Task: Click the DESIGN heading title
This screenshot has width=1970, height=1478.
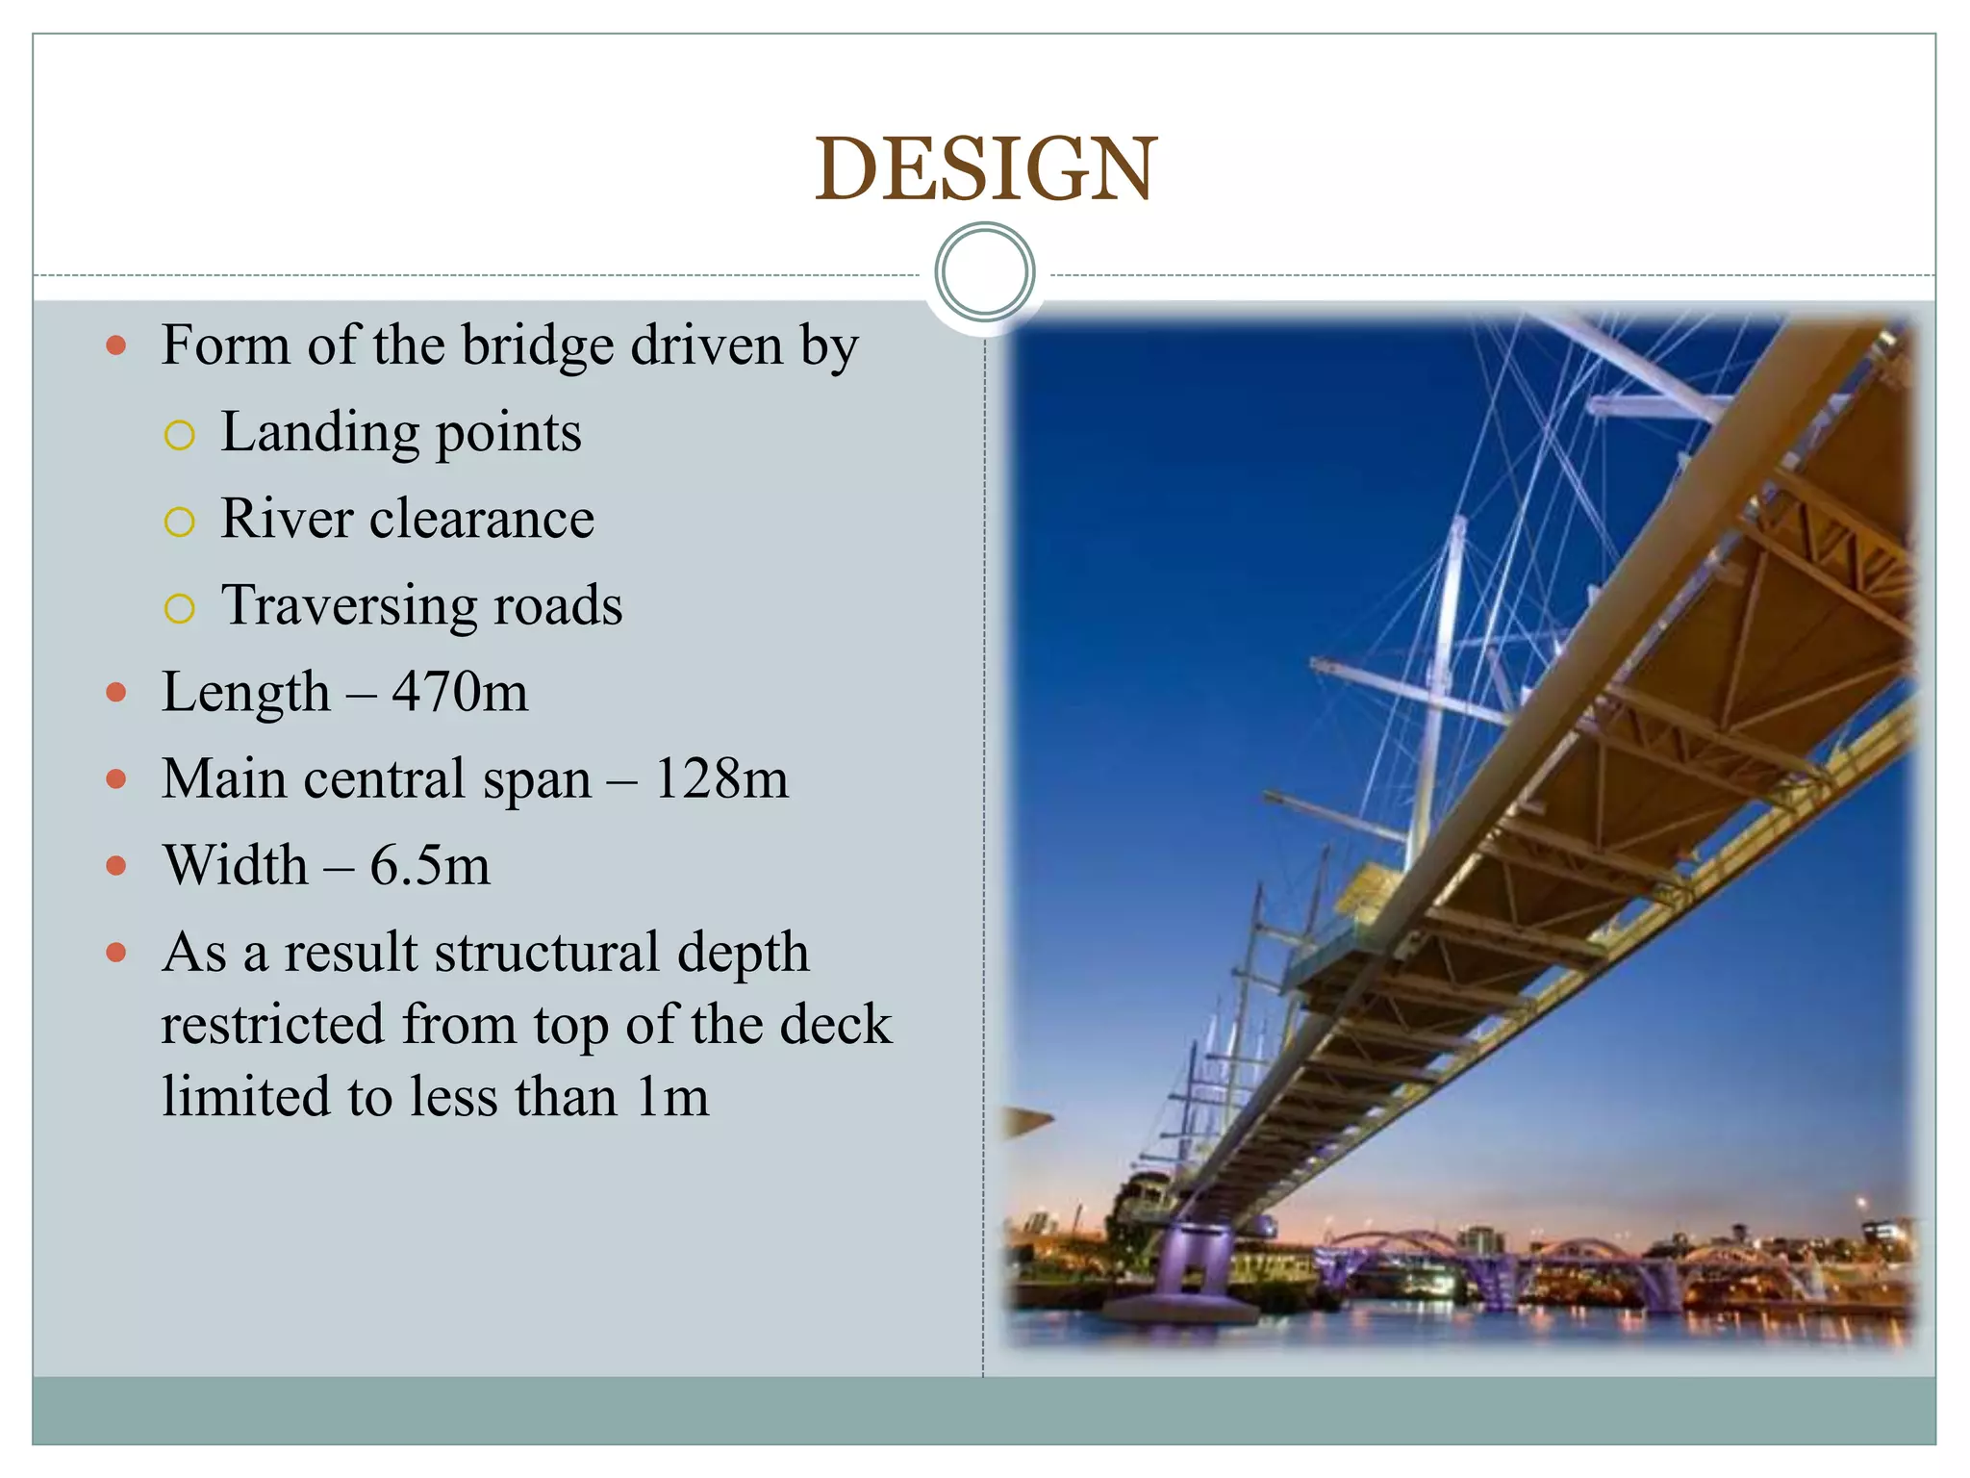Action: tap(985, 169)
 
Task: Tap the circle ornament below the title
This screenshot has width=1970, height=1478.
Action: tap(984, 272)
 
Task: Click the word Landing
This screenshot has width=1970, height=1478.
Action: tap(316, 433)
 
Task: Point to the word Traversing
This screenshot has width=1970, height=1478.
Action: tap(348, 606)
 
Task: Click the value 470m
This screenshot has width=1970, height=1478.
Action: tap(460, 692)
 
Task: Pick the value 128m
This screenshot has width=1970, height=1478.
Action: tap(720, 778)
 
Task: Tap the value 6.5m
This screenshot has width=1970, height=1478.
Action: tap(430, 865)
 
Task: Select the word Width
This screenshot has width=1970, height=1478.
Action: tap(236, 865)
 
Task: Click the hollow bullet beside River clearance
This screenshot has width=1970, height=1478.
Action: tap(180, 522)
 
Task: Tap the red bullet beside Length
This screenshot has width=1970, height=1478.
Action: tap(116, 693)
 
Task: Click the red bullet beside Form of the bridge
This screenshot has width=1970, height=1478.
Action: tap(116, 346)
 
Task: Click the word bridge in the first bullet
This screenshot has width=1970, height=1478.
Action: tap(537, 346)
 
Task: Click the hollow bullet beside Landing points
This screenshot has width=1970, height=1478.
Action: tap(180, 436)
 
